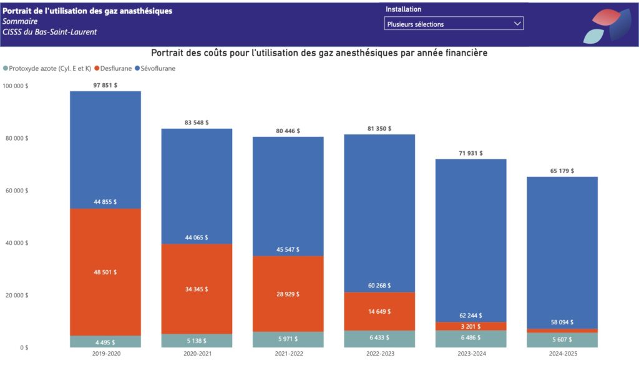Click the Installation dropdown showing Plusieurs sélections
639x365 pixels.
pos(453,24)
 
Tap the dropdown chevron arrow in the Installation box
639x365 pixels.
pos(517,24)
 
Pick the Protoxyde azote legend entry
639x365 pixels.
pos(47,68)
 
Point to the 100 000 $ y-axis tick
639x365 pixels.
pos(15,86)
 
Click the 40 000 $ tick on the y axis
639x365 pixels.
pos(16,242)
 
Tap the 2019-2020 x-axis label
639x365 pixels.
pos(105,354)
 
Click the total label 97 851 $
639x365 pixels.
pos(105,85)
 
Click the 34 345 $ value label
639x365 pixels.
pos(197,289)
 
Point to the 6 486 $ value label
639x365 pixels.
pos(472,337)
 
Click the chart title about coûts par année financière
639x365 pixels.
pos(319,54)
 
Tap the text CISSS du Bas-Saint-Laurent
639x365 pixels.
pos(50,32)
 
